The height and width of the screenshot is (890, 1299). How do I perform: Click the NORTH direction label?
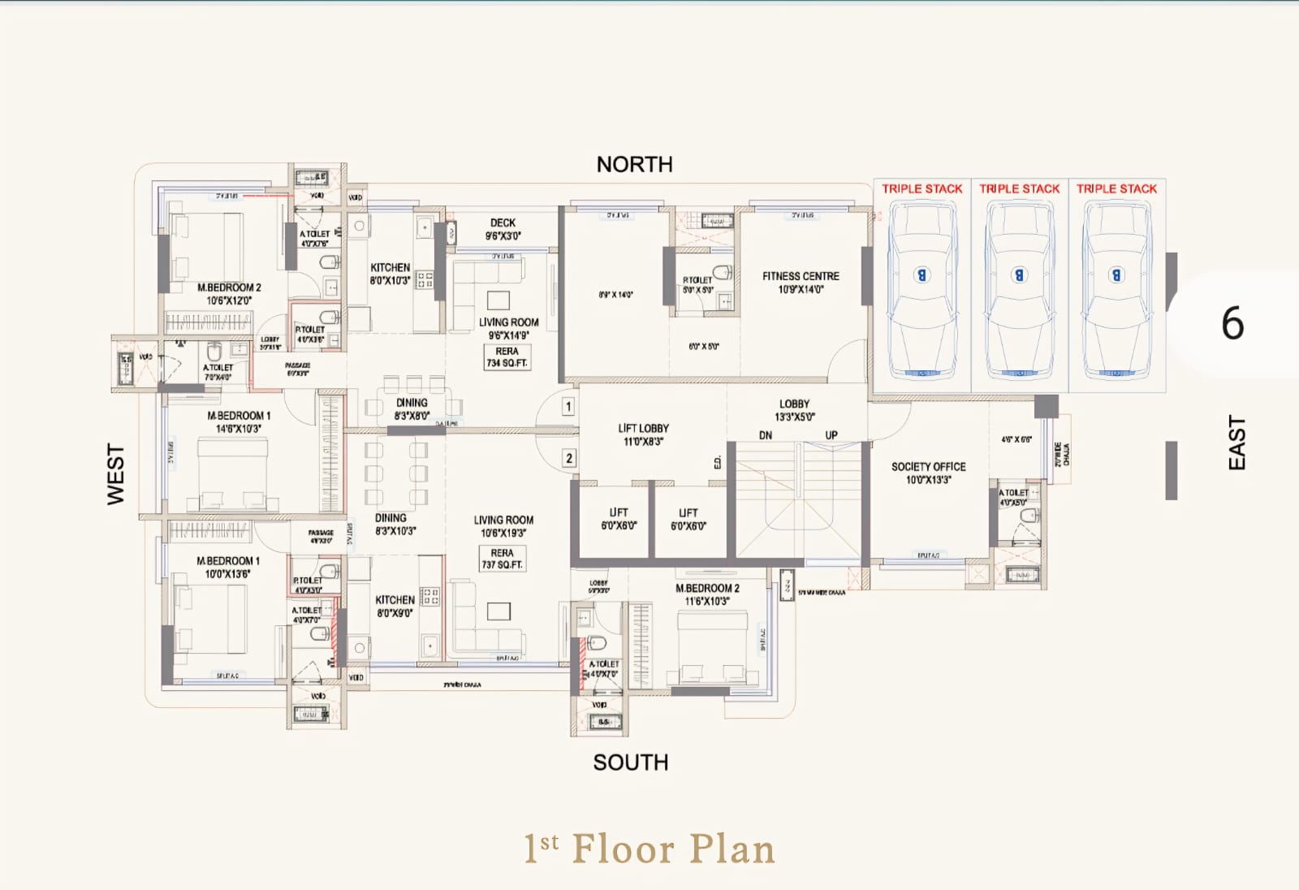tap(634, 165)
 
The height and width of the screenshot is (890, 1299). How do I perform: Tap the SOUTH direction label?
tap(630, 763)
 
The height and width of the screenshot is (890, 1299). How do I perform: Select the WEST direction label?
tap(116, 474)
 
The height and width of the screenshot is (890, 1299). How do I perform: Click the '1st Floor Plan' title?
tap(649, 849)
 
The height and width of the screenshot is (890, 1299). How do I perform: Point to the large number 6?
tap(1232, 323)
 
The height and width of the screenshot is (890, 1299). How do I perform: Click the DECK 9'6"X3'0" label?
tap(503, 229)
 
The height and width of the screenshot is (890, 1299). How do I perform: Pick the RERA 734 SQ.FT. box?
tap(507, 357)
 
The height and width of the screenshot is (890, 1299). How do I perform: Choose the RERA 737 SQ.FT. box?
tap(502, 559)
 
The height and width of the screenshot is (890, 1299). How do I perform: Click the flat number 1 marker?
tap(568, 406)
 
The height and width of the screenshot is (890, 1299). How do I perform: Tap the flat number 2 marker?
tap(569, 458)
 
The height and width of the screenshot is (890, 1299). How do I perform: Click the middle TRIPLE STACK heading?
tap(1019, 188)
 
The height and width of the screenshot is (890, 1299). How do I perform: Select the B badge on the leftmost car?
tap(921, 274)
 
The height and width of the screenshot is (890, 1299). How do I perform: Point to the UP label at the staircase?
tap(831, 435)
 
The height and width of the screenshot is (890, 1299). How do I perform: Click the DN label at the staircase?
tap(766, 435)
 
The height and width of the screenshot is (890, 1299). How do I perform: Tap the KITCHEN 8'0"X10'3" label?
tap(390, 274)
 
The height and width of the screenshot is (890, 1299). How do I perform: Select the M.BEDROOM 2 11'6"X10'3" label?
tap(707, 594)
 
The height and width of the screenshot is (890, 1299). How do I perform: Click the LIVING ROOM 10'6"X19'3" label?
tap(503, 526)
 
